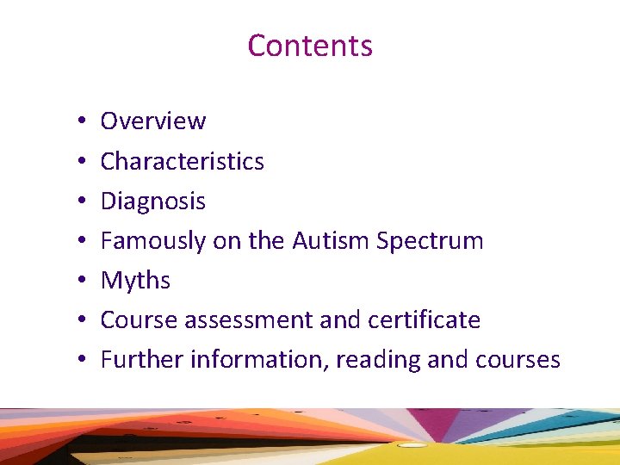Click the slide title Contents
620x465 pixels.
[x=310, y=45]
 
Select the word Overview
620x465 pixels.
[x=153, y=121]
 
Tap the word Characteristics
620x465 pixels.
[x=183, y=161]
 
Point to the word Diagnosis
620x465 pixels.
[x=153, y=201]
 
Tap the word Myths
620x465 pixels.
[x=135, y=281]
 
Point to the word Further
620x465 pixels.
[x=142, y=359]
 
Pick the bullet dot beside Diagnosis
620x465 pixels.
[x=77, y=201]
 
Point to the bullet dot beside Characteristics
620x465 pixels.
[x=77, y=162]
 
